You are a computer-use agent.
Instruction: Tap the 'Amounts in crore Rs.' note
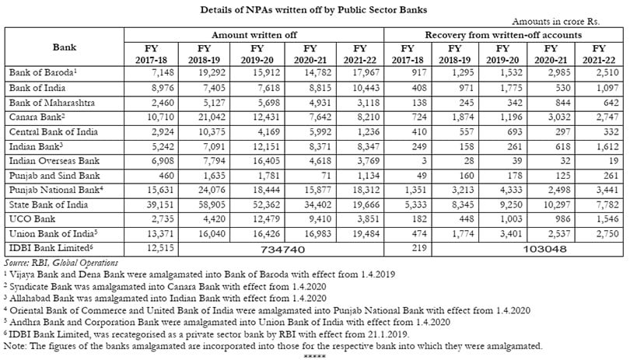(555, 21)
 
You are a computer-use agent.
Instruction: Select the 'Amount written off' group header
(254, 35)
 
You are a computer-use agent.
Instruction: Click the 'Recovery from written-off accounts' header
(503, 35)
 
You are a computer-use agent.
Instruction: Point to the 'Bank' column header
(65, 47)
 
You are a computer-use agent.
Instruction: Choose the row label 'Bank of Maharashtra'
(52, 103)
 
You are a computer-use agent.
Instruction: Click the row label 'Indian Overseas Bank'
(54, 161)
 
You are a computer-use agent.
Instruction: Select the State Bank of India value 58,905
(212, 205)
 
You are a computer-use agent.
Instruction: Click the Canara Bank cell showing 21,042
(212, 117)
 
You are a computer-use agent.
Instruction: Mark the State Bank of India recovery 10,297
(556, 205)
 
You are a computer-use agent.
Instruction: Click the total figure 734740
(283, 250)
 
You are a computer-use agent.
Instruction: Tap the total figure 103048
(544, 250)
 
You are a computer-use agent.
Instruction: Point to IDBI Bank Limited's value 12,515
(161, 248)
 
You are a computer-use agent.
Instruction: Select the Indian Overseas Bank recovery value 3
(424, 161)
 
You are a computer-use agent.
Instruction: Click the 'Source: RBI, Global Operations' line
(61, 263)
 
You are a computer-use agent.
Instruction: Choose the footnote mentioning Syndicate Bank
(165, 287)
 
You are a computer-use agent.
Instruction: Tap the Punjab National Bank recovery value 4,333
(510, 190)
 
